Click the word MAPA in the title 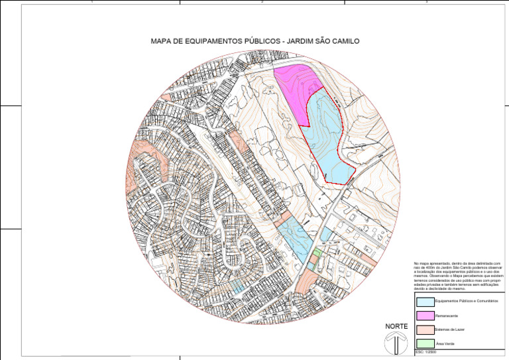[x=162, y=41]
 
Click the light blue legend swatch [x=424, y=301]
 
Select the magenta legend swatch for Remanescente [x=424, y=315]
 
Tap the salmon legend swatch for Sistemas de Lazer [x=424, y=329]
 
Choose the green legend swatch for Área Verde [x=424, y=343]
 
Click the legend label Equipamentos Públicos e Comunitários [x=463, y=302]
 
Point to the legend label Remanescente [x=446, y=316]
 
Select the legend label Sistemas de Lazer [x=449, y=330]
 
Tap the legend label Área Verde [x=444, y=343]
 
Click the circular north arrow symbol [x=396, y=343]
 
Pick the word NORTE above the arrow [x=396, y=326]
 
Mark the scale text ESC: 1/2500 [x=425, y=353]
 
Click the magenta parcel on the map [x=292, y=90]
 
